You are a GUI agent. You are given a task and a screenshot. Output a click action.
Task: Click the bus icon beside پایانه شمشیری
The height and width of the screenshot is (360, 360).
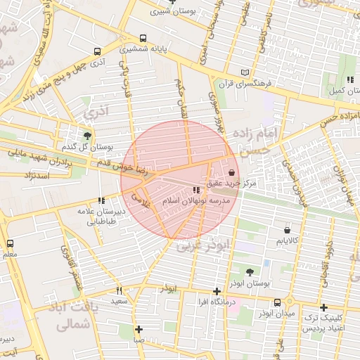143,39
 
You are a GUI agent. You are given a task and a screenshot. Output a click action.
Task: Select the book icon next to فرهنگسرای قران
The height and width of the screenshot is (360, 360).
245,72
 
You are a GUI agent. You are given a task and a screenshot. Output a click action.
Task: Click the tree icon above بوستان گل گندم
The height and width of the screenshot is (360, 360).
87,135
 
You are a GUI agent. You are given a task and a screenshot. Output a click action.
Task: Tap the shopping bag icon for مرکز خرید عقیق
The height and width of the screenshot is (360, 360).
232,172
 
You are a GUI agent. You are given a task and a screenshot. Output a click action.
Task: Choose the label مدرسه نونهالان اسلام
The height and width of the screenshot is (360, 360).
195,200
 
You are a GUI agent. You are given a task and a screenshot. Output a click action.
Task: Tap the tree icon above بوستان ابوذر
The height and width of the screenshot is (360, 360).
250,271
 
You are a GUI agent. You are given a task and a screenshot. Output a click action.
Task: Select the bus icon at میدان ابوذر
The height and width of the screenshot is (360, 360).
277,302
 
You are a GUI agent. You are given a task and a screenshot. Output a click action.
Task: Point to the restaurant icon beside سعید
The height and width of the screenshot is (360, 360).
119,290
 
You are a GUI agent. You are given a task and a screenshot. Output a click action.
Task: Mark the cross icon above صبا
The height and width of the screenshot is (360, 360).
139,329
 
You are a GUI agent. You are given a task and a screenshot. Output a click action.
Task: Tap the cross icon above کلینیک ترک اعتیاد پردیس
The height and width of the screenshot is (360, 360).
323,307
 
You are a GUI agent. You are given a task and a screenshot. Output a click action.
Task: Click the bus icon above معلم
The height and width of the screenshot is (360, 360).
10,243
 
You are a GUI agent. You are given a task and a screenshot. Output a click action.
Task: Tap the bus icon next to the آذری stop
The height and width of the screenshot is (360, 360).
97,51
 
